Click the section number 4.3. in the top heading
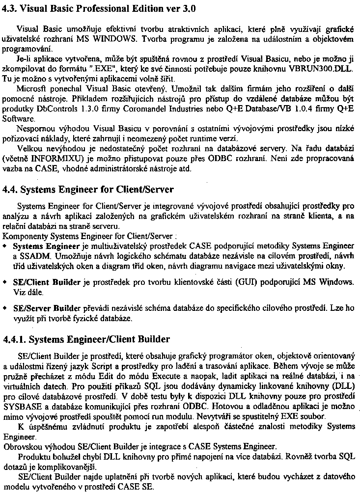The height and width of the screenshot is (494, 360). pos(11,7)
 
